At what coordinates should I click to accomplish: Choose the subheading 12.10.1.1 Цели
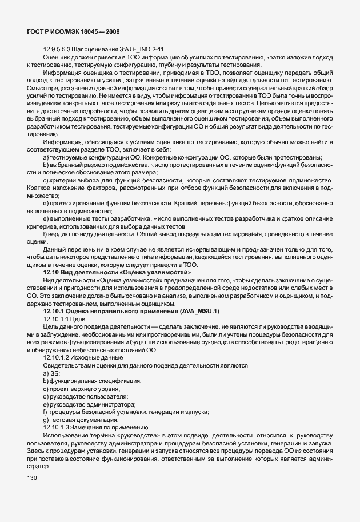pos(64,318)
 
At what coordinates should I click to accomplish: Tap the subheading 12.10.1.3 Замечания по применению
pos(95,427)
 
